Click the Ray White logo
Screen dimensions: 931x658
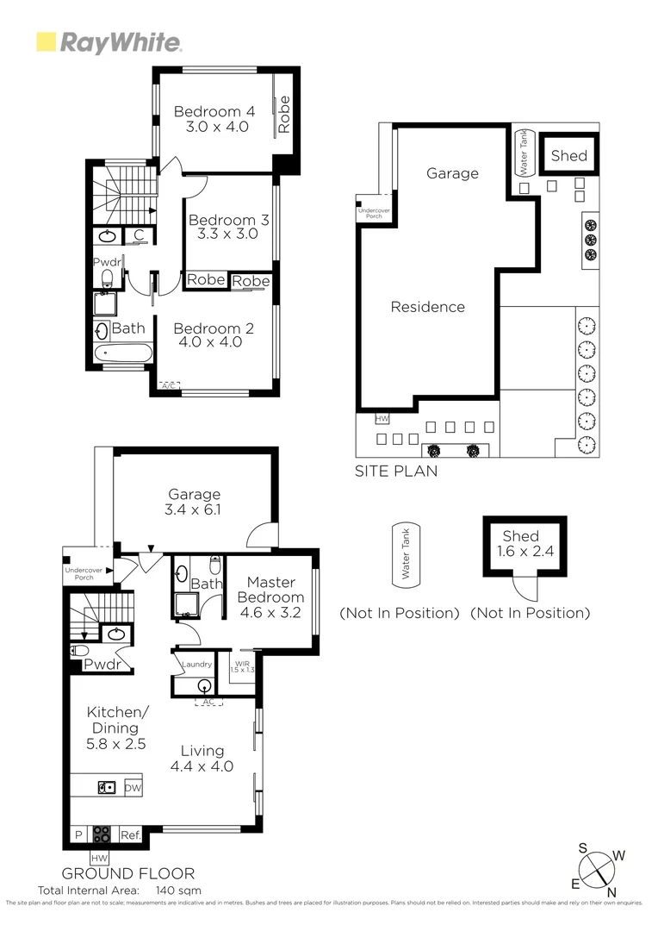[108, 42]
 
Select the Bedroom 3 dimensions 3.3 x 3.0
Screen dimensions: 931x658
[228, 234]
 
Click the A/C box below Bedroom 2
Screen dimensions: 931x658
[170, 385]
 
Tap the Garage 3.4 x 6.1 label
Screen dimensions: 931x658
[194, 502]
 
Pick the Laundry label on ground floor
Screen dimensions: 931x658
[196, 665]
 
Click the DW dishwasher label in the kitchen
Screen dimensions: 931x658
[132, 788]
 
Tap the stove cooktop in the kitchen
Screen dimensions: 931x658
[102, 834]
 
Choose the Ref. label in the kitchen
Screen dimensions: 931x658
[130, 835]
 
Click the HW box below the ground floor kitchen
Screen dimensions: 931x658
[100, 857]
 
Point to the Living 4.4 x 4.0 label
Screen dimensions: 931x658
[202, 759]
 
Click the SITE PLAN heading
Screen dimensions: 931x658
[396, 472]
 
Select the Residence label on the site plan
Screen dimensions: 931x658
[427, 307]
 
